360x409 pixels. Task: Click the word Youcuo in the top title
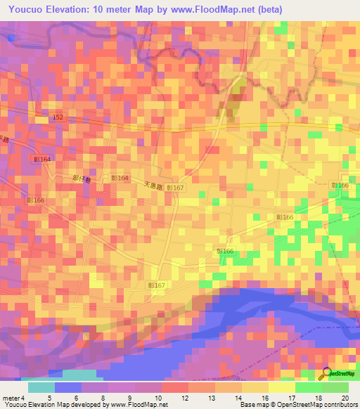pos(28,9)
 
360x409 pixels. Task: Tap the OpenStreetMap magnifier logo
pos(326,373)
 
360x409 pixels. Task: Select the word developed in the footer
pos(85,405)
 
